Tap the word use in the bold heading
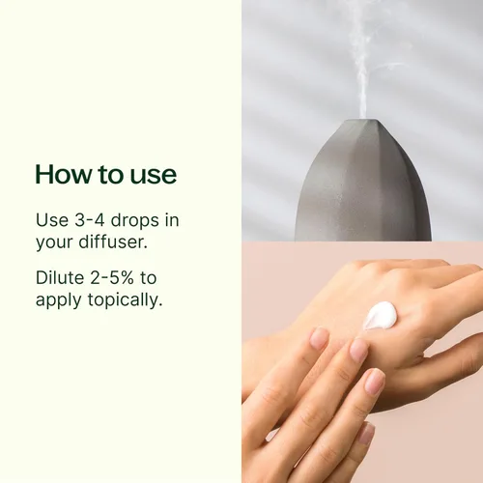coord(155,175)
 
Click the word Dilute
coord(60,278)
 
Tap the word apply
coord(58,300)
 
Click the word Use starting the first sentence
coord(51,221)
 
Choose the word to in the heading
coord(113,175)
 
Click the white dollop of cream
coord(380,315)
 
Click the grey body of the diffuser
coord(362,193)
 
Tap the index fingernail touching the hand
coord(319,338)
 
